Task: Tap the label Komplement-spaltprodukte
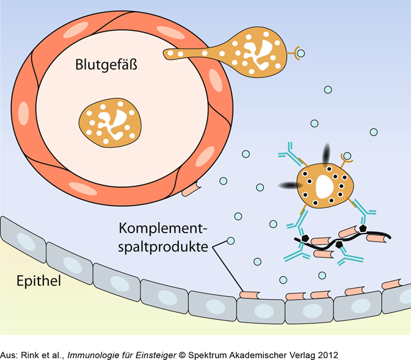click(163, 238)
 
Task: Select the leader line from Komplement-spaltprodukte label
click(226, 272)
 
